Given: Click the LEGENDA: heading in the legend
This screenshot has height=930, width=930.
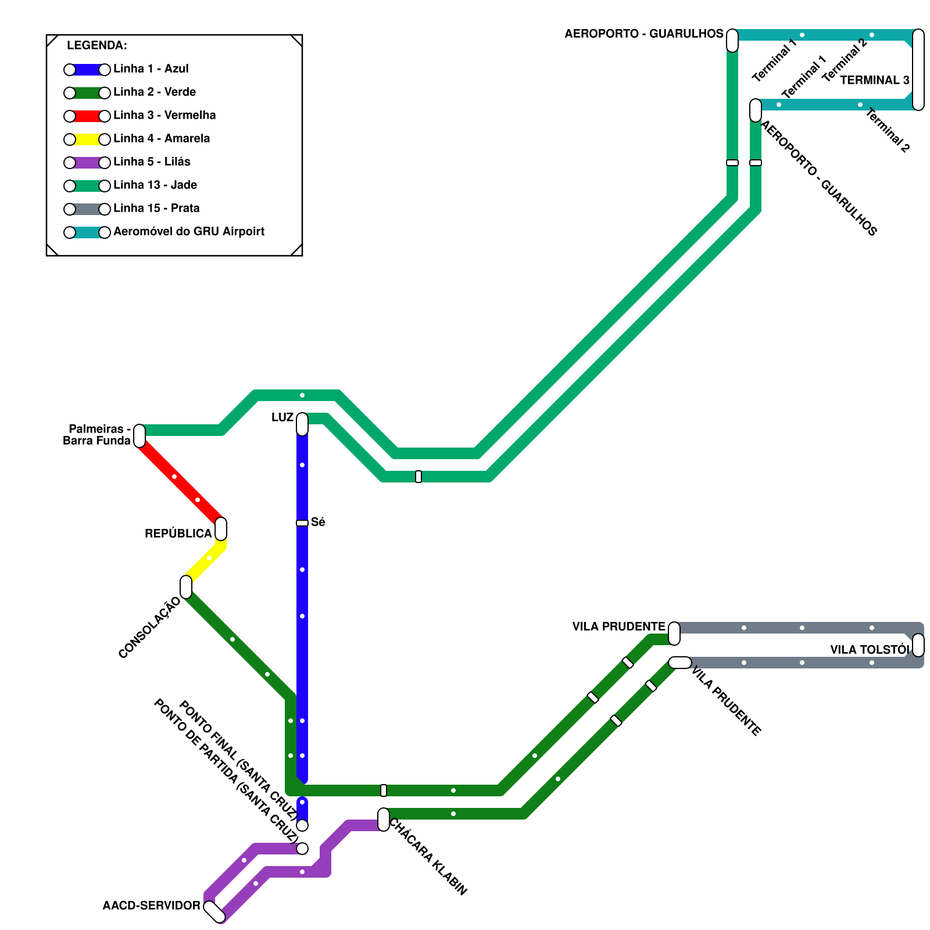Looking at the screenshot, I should (97, 45).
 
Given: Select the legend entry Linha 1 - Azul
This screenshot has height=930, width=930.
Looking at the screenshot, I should (151, 69).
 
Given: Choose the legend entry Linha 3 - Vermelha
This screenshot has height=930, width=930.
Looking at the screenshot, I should (164, 115).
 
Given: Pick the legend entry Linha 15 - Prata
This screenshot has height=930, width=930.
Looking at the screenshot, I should (156, 208).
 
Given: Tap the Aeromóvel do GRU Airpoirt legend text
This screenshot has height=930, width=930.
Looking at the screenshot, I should (189, 231).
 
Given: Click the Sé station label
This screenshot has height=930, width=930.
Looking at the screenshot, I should (318, 522).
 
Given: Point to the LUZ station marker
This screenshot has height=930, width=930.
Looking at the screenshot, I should (302, 424).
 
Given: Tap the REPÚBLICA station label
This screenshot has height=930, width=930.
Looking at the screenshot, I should (178, 534).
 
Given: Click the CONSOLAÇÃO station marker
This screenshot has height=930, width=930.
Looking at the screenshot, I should (186, 587).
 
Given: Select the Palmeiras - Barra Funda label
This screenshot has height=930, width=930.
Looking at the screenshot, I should (97, 435).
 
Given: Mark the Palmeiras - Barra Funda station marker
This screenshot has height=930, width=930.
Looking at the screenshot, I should (139, 436).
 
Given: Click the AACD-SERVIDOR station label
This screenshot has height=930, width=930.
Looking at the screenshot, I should (151, 906).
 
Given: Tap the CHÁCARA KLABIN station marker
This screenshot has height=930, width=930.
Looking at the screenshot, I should (384, 820).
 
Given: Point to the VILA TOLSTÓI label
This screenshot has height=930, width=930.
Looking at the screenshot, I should (869, 650).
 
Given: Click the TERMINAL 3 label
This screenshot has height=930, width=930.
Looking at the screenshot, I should (875, 80).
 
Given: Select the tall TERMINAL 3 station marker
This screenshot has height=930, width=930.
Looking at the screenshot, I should (918, 70).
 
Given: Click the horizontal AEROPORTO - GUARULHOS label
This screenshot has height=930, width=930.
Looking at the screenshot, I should (644, 34).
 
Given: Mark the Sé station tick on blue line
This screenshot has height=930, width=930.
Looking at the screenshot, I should (302, 523).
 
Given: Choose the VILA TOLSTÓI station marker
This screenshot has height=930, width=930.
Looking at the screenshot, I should (918, 645).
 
